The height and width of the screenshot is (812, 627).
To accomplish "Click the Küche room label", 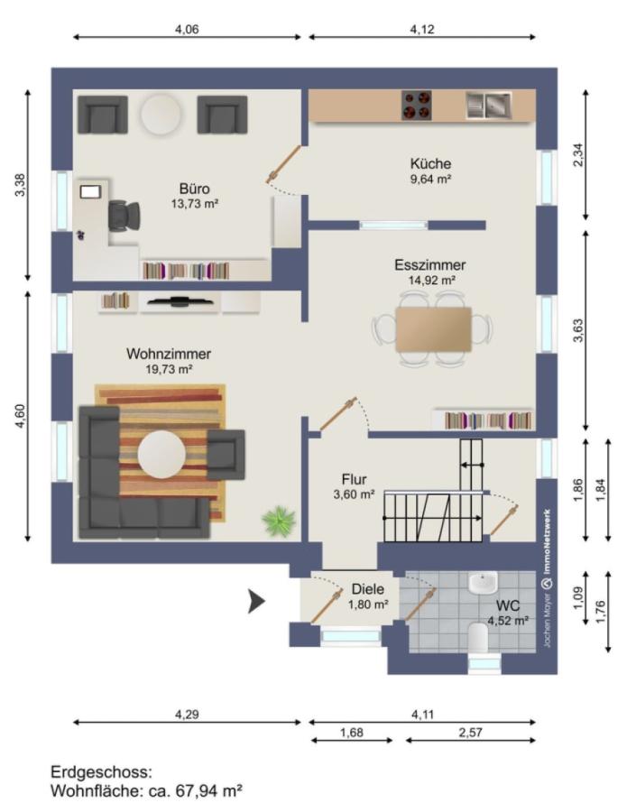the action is (430, 163).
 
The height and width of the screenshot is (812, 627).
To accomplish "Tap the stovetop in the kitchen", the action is (416, 106).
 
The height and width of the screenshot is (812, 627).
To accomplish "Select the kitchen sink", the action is (488, 106).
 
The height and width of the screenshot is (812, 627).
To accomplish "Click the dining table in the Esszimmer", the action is (433, 329).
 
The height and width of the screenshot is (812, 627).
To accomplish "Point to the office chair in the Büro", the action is (124, 216).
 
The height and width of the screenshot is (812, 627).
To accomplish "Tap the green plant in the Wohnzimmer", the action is (279, 520).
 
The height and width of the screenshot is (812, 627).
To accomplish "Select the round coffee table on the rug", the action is (161, 454).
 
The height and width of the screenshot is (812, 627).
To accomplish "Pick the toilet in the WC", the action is (478, 637).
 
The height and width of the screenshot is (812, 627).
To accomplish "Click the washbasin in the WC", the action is (483, 583).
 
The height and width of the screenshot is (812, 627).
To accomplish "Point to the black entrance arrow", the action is (256, 601).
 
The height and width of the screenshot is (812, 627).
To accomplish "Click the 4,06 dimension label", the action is (187, 30).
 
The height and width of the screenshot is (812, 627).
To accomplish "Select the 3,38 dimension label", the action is (20, 185).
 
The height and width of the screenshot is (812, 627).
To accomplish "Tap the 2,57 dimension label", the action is (470, 733).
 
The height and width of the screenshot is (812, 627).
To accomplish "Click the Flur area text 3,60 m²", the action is (355, 494).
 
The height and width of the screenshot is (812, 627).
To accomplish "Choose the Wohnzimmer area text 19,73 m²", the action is (169, 369).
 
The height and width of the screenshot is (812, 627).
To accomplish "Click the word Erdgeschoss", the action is (101, 772).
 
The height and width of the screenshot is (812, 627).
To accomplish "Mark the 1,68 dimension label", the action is (352, 733).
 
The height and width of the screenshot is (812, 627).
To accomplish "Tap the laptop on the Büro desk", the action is (90, 191).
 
